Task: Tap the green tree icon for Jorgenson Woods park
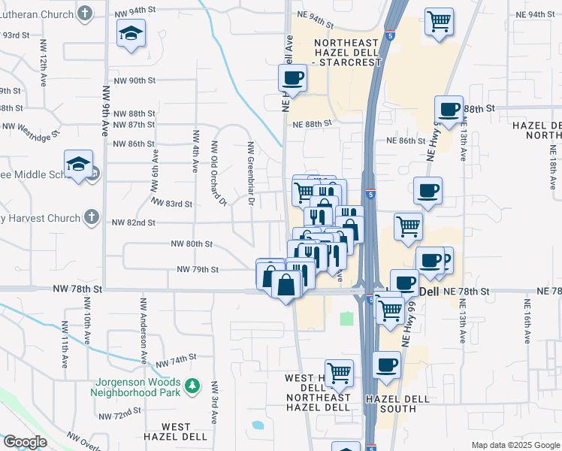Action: [193, 386]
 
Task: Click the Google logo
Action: [25, 442]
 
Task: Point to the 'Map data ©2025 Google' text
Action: [515, 445]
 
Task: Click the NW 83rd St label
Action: [171, 204]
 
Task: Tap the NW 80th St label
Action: [192, 244]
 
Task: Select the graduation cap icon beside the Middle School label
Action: [79, 164]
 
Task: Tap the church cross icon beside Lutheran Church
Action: [86, 13]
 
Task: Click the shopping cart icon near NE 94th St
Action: [439, 21]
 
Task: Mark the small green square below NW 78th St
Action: [346, 319]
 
